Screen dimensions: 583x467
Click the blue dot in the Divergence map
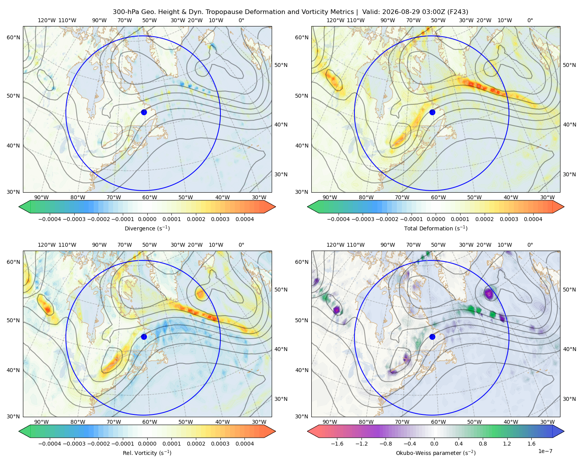[144, 112]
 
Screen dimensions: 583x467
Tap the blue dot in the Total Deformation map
[432, 112]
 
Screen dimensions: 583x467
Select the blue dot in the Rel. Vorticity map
[144, 337]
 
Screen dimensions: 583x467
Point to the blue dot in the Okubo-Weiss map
[432, 337]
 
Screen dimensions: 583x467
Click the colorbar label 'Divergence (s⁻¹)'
[147, 228]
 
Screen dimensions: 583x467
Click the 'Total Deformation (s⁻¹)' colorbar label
[436, 228]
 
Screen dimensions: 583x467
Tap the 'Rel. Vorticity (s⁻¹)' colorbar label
[147, 453]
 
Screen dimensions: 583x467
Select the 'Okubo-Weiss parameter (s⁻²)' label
[436, 453]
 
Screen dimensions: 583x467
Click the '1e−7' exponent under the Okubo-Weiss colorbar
[545, 451]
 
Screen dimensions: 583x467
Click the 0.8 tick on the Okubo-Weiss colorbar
[483, 444]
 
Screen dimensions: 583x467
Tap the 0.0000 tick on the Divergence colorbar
[147, 219]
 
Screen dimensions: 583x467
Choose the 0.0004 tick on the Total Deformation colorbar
[533, 219]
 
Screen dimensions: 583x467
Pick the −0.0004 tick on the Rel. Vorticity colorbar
[50, 444]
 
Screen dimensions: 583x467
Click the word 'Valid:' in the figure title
[371, 12]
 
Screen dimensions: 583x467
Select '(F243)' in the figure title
[458, 12]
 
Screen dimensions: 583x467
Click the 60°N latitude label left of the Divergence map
[13, 37]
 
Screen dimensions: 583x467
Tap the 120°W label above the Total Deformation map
[335, 20]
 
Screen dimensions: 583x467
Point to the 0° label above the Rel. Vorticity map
[241, 245]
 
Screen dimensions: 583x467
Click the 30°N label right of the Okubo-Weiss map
[569, 399]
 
